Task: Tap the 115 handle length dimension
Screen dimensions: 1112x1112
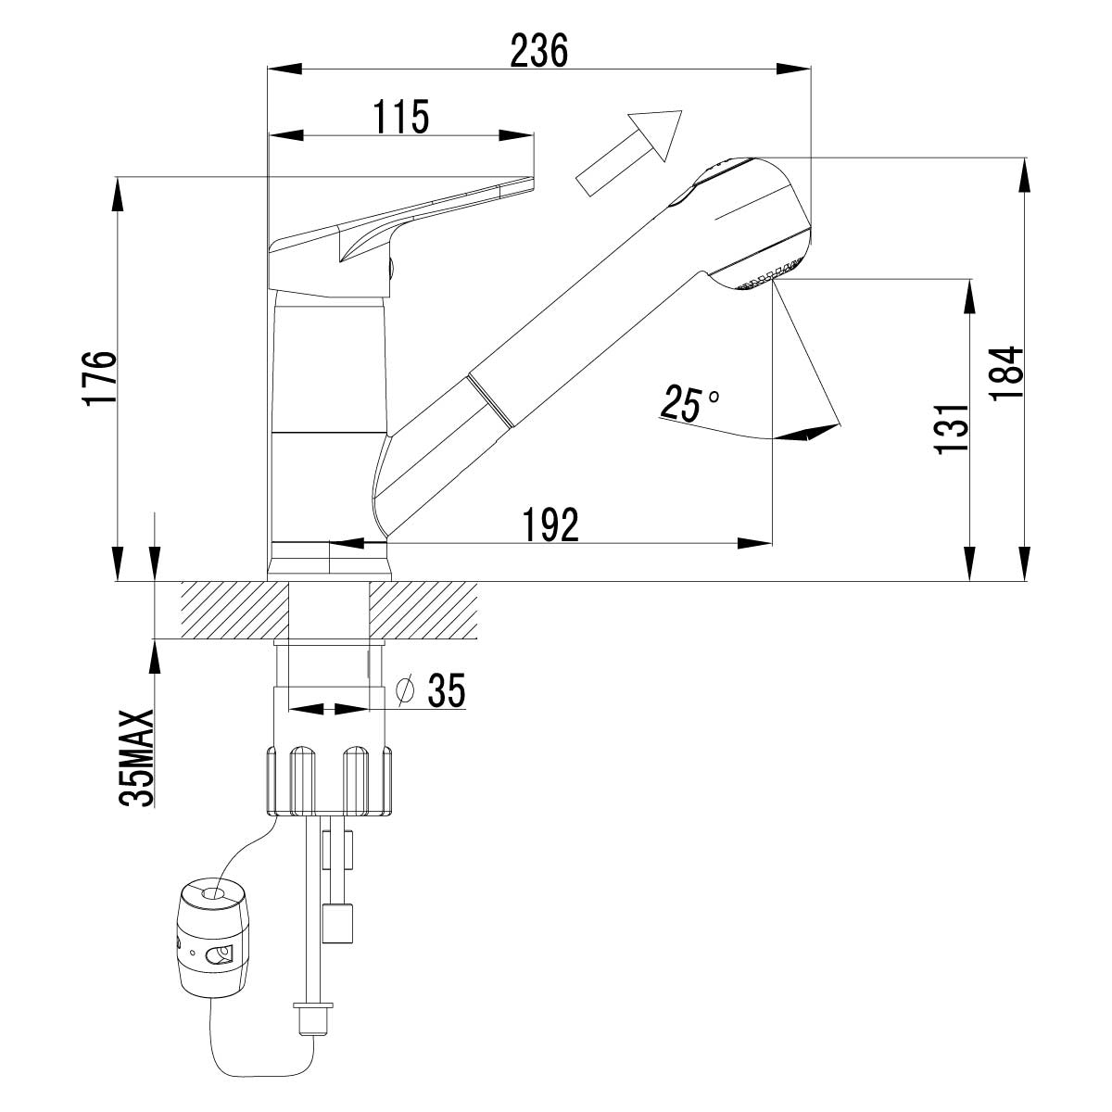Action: pos(400,117)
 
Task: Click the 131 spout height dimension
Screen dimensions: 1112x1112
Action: pos(951,428)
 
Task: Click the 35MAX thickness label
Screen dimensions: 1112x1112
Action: pos(137,760)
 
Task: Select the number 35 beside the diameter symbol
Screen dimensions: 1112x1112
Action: pos(444,689)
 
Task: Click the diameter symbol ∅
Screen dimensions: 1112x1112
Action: pos(404,689)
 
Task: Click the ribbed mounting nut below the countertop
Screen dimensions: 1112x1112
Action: pos(330,778)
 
